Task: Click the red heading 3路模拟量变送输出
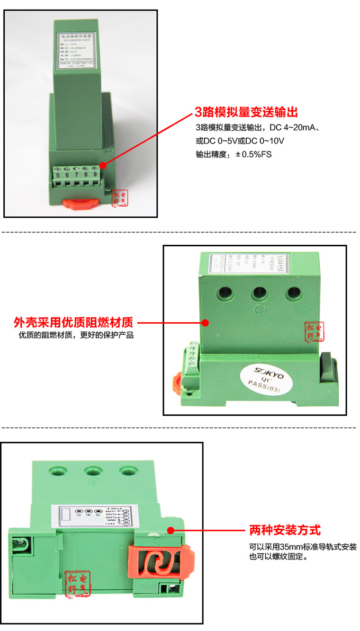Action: coord(247,112)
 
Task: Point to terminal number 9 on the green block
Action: coord(95,174)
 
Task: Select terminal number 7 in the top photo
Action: coord(76,174)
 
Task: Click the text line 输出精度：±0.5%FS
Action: coord(233,155)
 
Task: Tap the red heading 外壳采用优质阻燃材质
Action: coord(73,322)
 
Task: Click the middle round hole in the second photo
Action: coord(259,292)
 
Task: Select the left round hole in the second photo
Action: coord(227,292)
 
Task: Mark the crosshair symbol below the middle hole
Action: coord(259,310)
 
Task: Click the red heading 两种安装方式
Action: coord(285,530)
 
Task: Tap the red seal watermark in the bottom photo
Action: coord(78,583)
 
